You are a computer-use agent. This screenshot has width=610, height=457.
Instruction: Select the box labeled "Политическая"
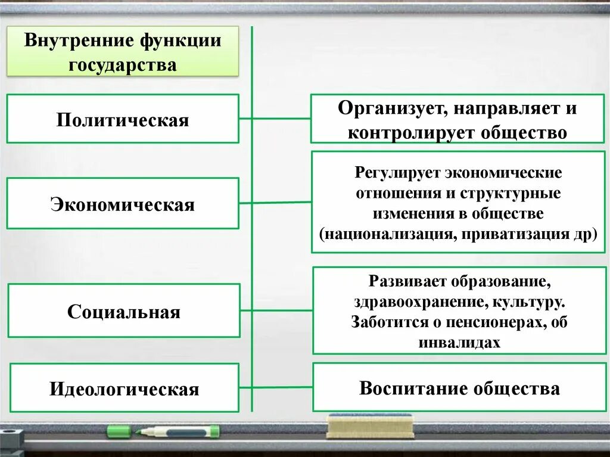123,120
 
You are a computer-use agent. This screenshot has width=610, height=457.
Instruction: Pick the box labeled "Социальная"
124,312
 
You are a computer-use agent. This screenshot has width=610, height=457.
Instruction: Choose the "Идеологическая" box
124,389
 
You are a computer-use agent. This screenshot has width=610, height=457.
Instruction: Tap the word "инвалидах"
459,343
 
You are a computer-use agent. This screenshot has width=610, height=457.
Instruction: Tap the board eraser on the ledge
369,425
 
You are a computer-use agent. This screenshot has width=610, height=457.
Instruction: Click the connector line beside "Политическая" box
245,118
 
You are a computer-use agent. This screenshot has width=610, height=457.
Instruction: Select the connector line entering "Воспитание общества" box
283,387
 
